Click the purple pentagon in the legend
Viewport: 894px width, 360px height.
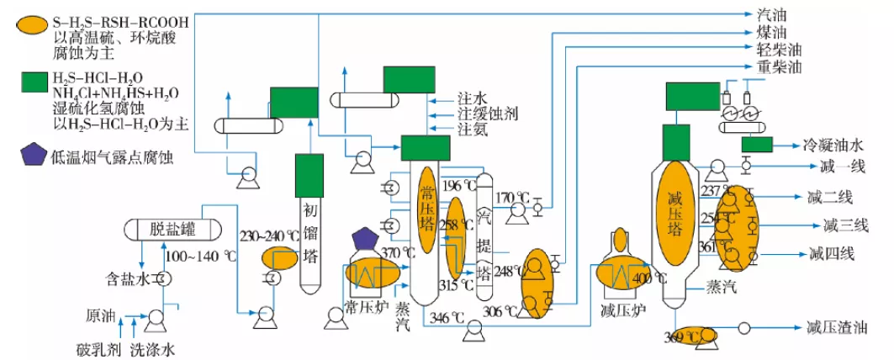coord(33,155)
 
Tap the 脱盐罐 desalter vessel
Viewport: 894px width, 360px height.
coord(172,228)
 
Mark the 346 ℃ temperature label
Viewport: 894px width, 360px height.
coord(447,317)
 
